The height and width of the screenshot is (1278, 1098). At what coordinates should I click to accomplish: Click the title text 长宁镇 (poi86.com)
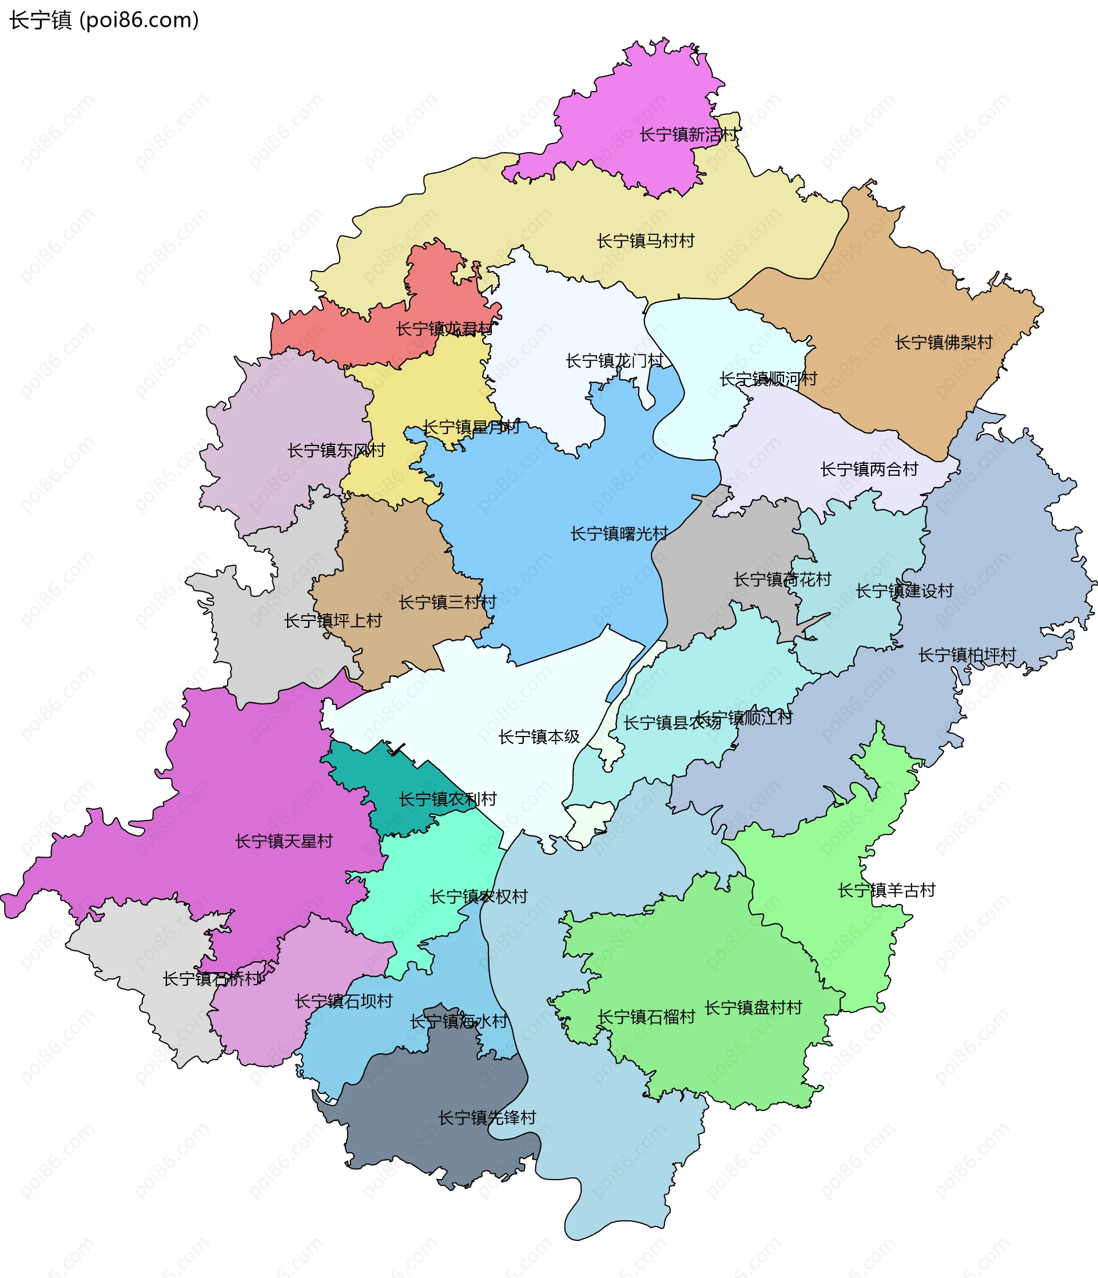point(104,21)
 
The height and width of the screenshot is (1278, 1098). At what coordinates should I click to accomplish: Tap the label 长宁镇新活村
point(688,134)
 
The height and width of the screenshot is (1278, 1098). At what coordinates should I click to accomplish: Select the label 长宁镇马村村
point(645,241)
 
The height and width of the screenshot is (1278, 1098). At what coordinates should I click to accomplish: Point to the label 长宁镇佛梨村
point(943,343)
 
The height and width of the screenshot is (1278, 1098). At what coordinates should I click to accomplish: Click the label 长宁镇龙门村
point(614,360)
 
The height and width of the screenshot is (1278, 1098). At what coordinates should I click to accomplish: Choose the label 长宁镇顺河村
point(768,378)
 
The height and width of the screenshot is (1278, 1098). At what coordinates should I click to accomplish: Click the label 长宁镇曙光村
point(619,534)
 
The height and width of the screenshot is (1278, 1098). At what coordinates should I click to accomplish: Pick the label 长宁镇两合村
point(869,469)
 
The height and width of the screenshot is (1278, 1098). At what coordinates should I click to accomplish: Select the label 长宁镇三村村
point(447,602)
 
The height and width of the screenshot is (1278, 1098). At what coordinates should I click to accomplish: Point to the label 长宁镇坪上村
point(332,620)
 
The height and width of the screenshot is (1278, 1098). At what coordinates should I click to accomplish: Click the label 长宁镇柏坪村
point(966,655)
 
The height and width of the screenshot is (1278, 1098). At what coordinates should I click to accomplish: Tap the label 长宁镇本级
point(539,736)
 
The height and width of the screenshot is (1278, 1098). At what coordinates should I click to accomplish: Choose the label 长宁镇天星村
point(284,841)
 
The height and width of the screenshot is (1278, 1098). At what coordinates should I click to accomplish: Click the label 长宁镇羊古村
point(886,890)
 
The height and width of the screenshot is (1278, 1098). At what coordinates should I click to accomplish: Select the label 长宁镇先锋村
point(487,1118)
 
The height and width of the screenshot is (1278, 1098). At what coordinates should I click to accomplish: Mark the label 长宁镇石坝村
point(344,1001)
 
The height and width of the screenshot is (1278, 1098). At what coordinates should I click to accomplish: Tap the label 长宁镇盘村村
point(753,1007)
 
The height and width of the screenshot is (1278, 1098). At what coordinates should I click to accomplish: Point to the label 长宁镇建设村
point(904,591)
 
